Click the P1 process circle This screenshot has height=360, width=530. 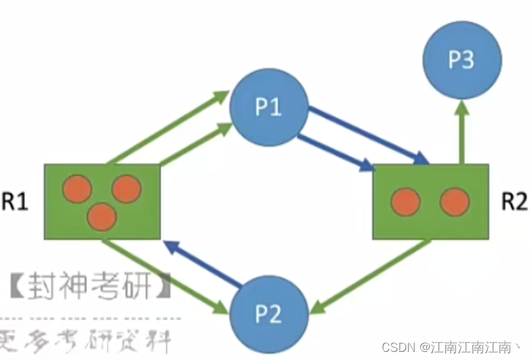click(x=269, y=108)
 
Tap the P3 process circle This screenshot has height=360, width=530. click(x=461, y=60)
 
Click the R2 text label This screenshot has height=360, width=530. click(x=514, y=202)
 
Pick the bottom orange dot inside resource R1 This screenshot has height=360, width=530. click(x=102, y=217)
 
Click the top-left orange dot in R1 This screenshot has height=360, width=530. click(x=77, y=189)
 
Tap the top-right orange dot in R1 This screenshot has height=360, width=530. click(x=127, y=189)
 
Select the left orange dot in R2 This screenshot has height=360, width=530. click(x=406, y=201)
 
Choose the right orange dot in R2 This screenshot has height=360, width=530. click(x=454, y=201)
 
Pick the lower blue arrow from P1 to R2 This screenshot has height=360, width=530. click(x=335, y=153)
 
